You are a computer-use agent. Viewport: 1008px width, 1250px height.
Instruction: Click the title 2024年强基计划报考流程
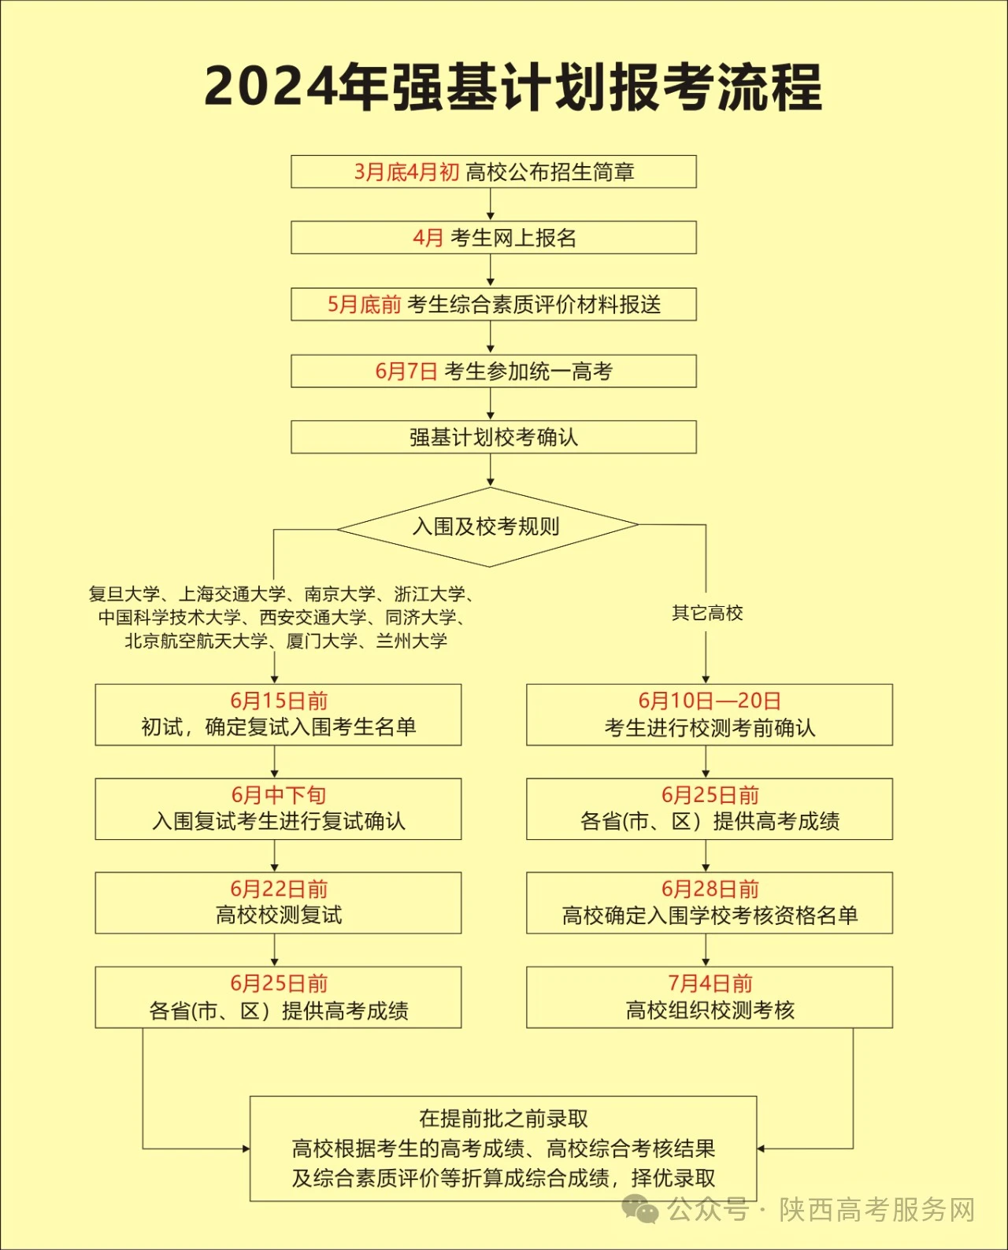pos(513,87)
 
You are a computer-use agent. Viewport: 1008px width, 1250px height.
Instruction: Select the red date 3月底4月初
pos(406,172)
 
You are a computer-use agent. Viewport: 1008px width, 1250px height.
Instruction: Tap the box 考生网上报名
pos(494,238)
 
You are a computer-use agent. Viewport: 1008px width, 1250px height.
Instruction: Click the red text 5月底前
pos(364,305)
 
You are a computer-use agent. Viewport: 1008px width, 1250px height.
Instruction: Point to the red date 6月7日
pos(406,372)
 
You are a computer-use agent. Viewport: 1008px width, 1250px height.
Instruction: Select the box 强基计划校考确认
pos(494,437)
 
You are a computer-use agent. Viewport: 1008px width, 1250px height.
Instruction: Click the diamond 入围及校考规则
pos(488,527)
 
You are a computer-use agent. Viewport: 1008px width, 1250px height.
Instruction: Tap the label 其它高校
pos(707,613)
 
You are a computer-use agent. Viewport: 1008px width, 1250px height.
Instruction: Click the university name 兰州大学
pos(412,641)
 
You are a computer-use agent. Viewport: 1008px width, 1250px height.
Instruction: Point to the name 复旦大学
pos(124,594)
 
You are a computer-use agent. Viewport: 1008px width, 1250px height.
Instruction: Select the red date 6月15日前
pos(279,701)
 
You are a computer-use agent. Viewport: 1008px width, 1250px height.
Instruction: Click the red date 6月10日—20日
pos(710,701)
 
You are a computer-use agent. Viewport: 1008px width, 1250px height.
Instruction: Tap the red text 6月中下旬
pos(279,794)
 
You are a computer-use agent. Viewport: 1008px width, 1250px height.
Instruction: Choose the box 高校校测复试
pos(279,903)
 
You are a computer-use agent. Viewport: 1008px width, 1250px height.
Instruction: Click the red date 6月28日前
pos(710,889)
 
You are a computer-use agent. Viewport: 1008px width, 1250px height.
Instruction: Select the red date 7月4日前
pos(710,983)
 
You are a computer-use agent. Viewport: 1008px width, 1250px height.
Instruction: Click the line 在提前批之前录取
pos(503,1118)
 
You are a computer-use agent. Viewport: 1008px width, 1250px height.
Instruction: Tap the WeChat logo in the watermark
pos(640,1209)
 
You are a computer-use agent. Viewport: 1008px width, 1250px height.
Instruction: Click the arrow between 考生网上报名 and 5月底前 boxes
pos(491,270)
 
